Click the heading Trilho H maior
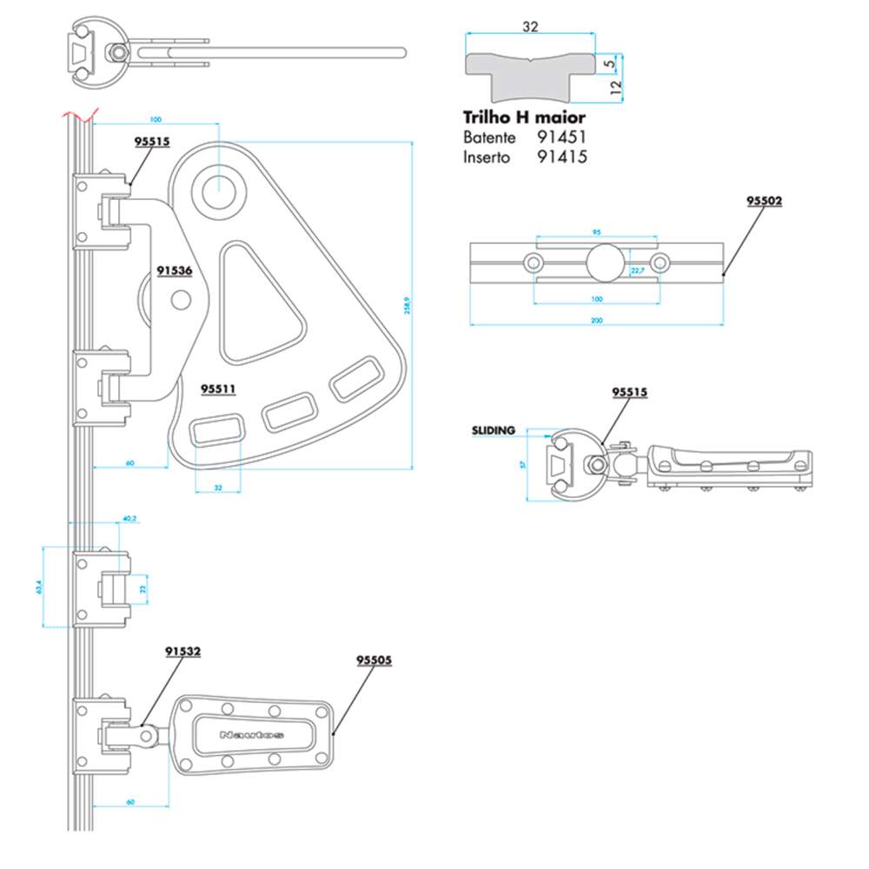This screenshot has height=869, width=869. [x=524, y=116]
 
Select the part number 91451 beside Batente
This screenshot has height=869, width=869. [x=563, y=137]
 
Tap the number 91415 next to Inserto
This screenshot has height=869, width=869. [x=563, y=157]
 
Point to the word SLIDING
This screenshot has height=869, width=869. [x=494, y=429]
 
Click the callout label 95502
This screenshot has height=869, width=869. [x=765, y=201]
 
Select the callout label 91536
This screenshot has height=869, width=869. [x=175, y=270]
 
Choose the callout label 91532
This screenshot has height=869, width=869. [x=183, y=651]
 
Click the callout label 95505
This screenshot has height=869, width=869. [x=375, y=660]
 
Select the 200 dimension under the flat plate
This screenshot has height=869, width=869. [x=597, y=321]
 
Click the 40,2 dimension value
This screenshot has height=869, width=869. [x=129, y=519]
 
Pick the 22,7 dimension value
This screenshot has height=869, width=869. [x=636, y=271]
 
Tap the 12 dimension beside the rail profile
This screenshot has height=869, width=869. [x=614, y=87]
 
